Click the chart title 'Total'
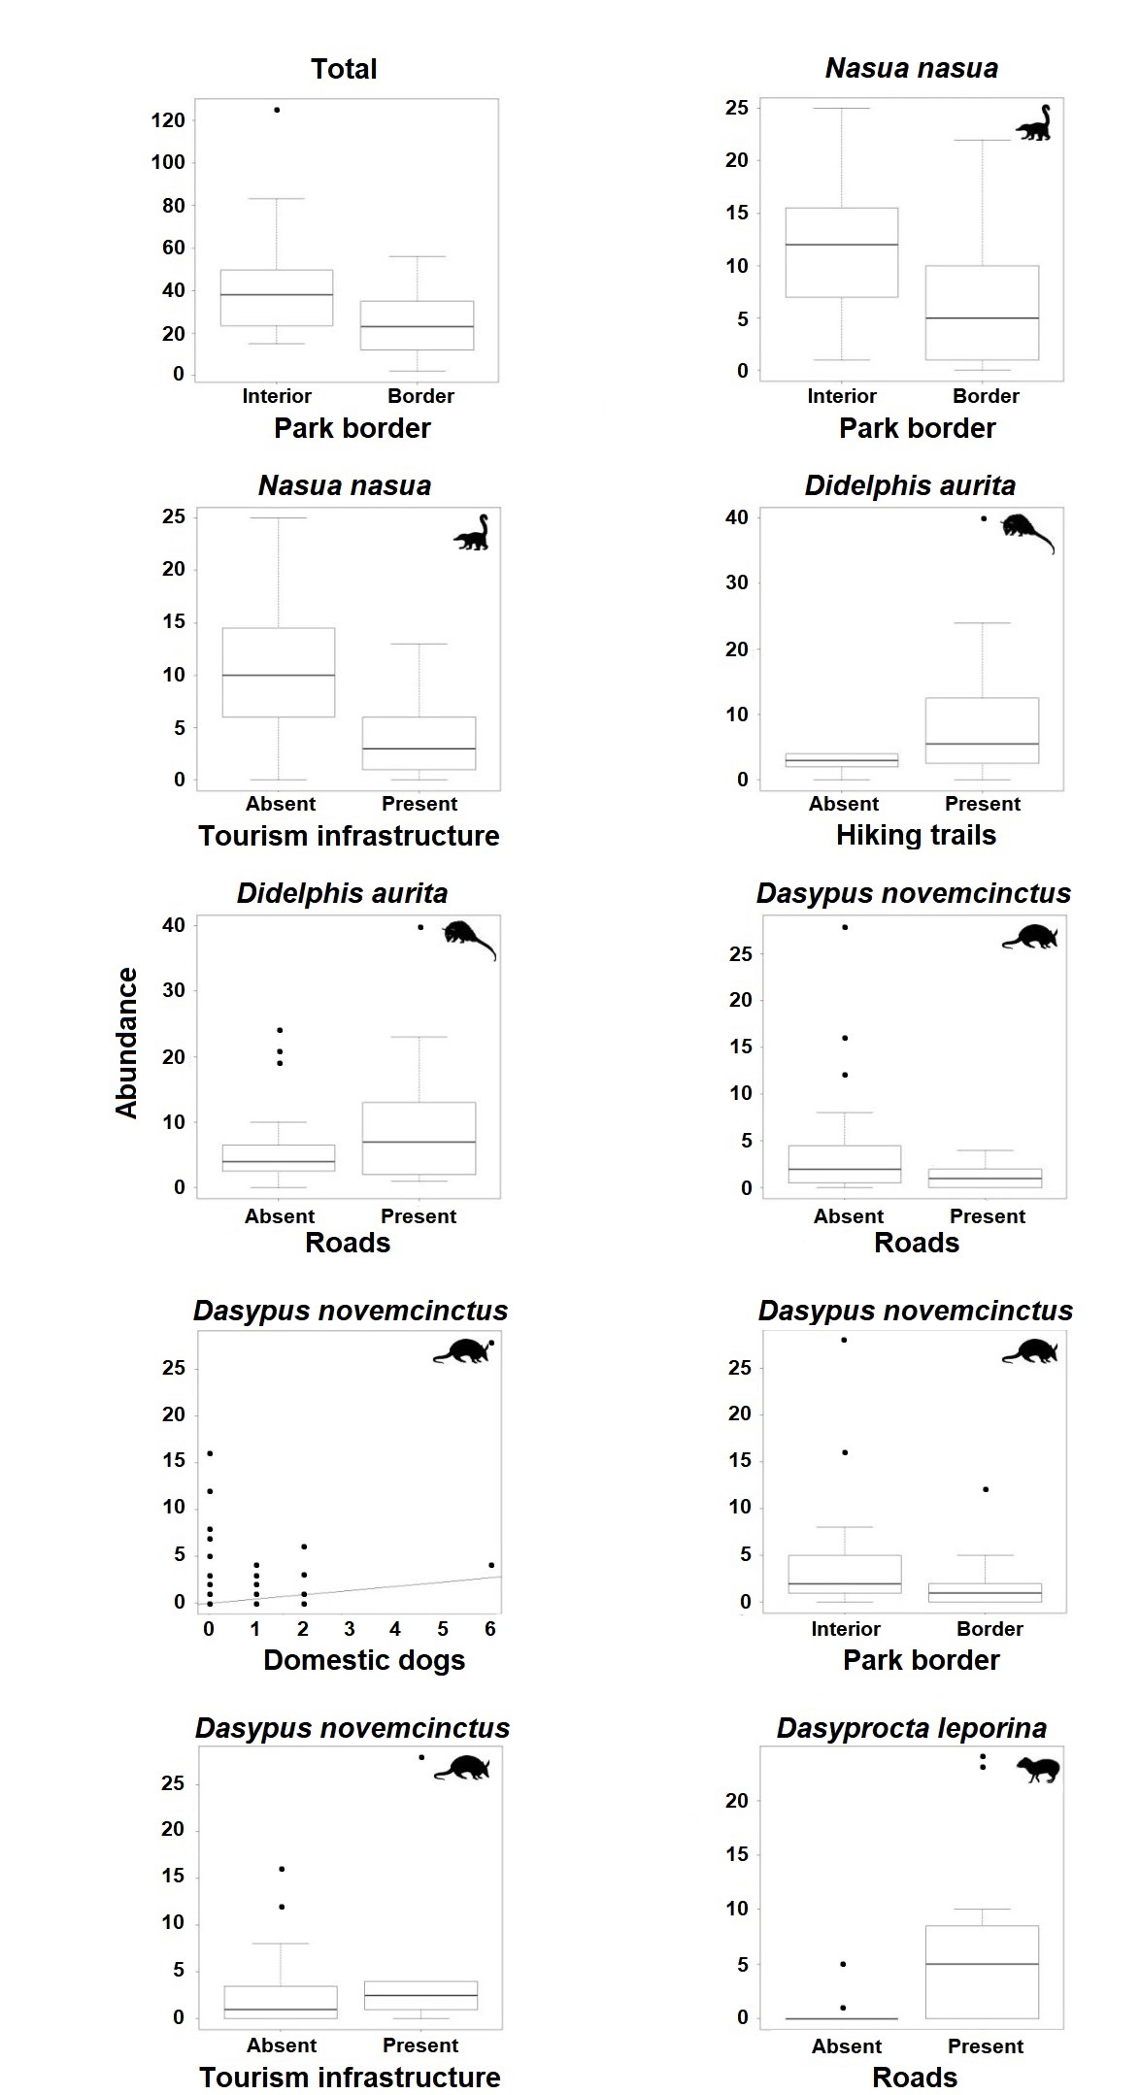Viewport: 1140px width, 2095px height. point(344,69)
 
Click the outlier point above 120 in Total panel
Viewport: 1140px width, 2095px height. point(277,110)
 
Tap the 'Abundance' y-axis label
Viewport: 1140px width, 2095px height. point(127,1043)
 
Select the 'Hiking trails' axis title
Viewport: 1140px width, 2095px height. point(916,835)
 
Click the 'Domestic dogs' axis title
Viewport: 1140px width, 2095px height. point(364,1660)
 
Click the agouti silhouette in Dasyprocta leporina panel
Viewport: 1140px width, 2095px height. point(1038,1770)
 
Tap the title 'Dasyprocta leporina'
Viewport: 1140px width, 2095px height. point(911,1728)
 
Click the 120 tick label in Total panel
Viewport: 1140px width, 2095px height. point(168,120)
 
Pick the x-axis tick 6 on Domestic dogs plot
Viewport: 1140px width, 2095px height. point(490,1629)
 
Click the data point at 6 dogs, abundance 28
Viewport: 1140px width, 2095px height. point(491,1344)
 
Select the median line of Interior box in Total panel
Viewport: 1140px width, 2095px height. point(277,294)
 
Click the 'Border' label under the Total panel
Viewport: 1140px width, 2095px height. point(420,396)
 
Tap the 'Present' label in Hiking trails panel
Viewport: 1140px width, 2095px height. point(982,804)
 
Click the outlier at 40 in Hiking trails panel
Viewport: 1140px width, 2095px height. point(984,518)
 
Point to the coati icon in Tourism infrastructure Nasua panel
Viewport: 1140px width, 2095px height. point(473,533)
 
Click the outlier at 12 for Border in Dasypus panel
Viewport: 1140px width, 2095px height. point(986,1489)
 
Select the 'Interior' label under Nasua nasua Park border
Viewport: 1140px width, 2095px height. point(841,396)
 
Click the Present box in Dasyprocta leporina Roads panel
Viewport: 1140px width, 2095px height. point(982,1972)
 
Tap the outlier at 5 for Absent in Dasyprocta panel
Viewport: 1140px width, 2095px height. point(843,1964)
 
